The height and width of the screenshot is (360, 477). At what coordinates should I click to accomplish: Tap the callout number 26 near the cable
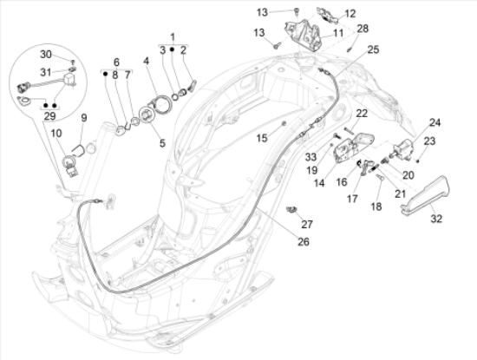pyautogui.click(x=277, y=242)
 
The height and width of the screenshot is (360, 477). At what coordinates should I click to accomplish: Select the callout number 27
pyautogui.click(x=306, y=224)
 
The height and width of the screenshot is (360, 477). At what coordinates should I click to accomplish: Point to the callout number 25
pyautogui.click(x=373, y=49)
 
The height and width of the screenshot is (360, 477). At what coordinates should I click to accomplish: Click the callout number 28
pyautogui.click(x=363, y=29)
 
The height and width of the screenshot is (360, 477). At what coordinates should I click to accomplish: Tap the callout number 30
pyautogui.click(x=45, y=54)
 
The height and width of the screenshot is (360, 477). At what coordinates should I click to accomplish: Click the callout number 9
pyautogui.click(x=84, y=117)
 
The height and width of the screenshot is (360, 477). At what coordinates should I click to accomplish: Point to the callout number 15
pyautogui.click(x=261, y=137)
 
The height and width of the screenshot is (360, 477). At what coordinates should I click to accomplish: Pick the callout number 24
pyautogui.click(x=435, y=122)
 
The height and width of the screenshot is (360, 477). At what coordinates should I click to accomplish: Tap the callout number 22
pyautogui.click(x=361, y=114)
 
